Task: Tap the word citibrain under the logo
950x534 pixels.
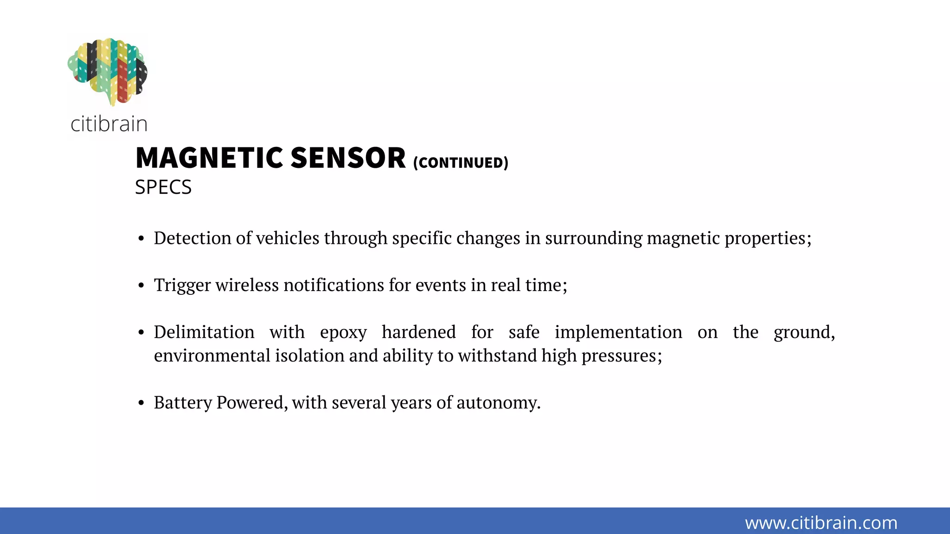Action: tap(109, 124)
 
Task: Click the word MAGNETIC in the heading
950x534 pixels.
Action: tap(209, 158)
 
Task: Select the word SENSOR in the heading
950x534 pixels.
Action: tap(348, 158)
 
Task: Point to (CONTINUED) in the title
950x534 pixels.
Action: tap(461, 163)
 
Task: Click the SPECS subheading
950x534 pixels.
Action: tap(163, 187)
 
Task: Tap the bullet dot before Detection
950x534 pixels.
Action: tap(141, 239)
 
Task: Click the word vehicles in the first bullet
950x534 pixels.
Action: tap(288, 238)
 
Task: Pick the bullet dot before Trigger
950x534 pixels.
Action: tap(141, 286)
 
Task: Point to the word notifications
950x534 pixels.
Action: tap(334, 285)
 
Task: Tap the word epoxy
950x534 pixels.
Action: tap(343, 333)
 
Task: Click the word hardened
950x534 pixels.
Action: tap(418, 332)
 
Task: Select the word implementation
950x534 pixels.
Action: tap(618, 333)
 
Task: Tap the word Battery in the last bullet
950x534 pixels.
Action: tap(183, 403)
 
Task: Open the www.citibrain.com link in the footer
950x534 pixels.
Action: tap(821, 523)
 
